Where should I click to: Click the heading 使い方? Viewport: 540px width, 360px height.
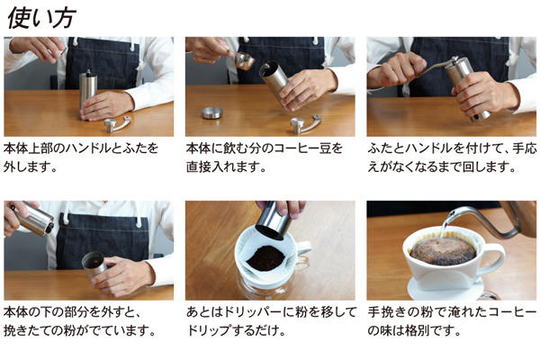pos(41,18)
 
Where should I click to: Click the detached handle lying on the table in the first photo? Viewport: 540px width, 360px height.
pos(118,124)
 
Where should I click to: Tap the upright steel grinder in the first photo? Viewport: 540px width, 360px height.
pos(88,93)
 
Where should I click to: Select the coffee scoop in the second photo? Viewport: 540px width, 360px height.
pos(242,59)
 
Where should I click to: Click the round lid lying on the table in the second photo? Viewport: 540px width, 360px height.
pos(212,113)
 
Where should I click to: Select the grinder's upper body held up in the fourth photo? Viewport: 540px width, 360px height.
pos(32,219)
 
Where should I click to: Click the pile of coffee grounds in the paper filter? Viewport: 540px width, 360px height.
pos(265,258)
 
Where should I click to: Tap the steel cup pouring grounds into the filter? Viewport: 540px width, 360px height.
pos(274,220)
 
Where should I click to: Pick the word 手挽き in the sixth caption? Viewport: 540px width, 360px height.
pos(386,312)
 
